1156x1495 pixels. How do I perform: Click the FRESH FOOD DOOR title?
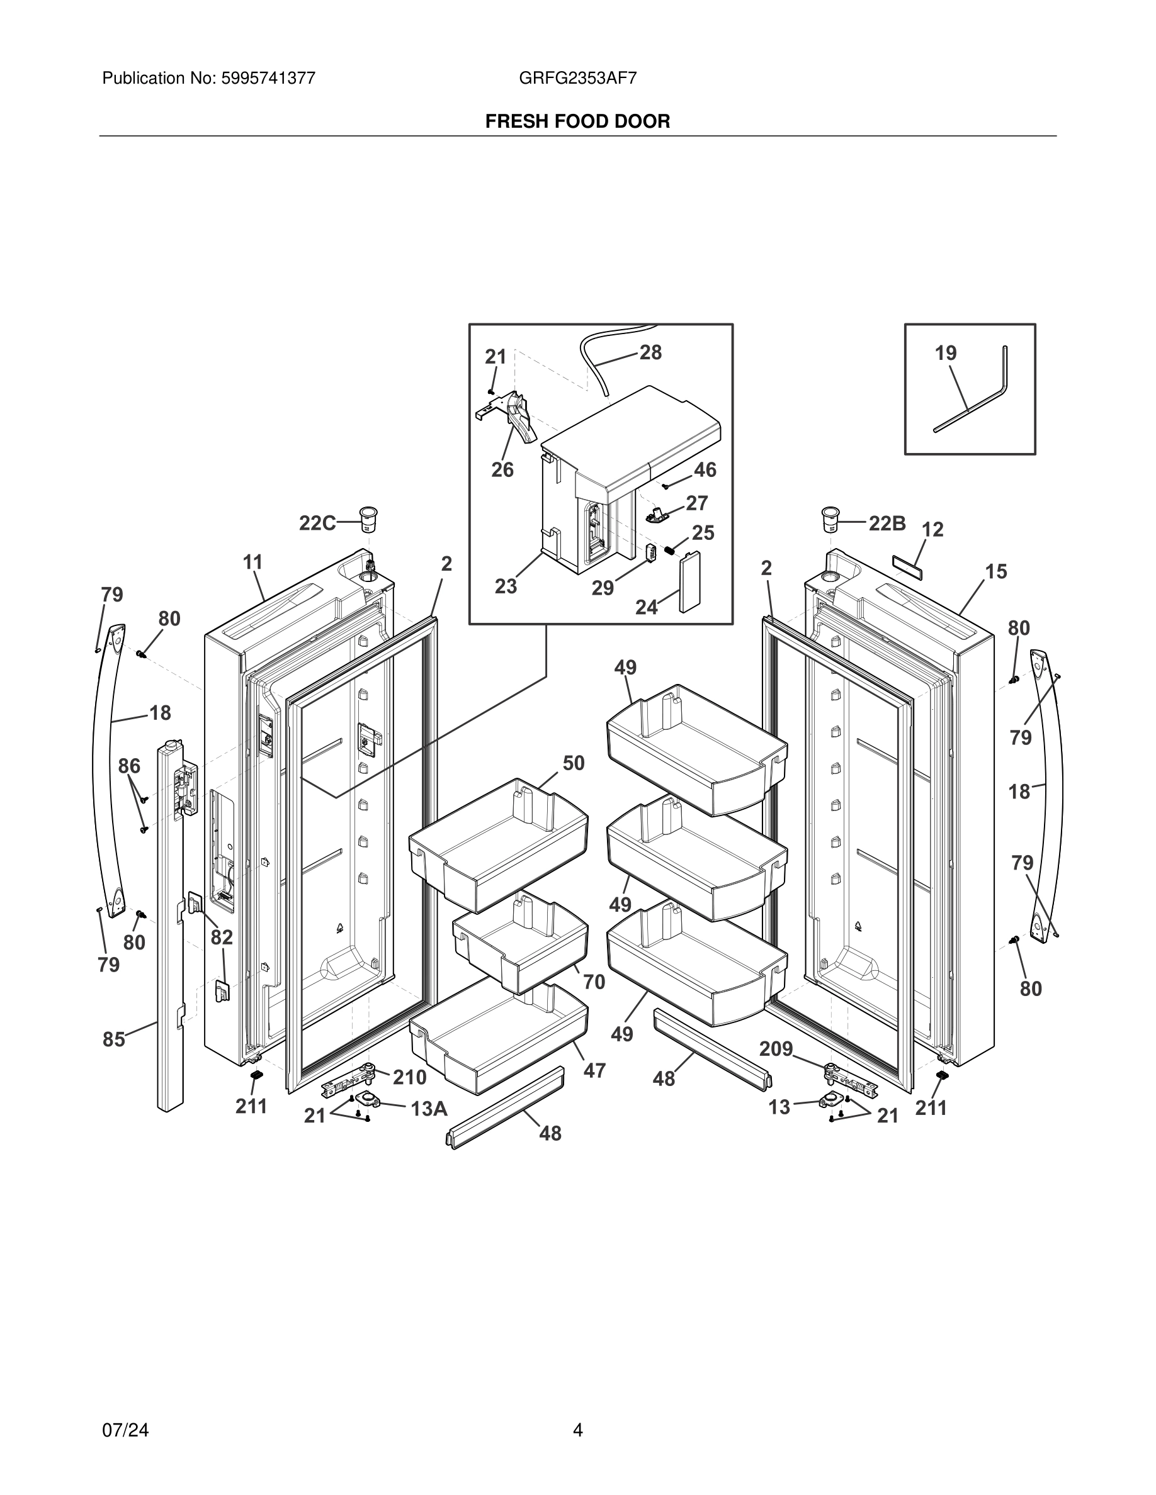(x=577, y=121)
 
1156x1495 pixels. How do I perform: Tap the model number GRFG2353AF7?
(x=577, y=78)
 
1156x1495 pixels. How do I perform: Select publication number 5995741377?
(x=268, y=78)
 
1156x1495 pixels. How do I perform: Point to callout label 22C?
(x=317, y=523)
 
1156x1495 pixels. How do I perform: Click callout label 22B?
(x=887, y=523)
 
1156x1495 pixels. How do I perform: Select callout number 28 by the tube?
(x=650, y=352)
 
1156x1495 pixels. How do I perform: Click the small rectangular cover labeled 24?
(x=689, y=582)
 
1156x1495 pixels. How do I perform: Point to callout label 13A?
(x=429, y=1108)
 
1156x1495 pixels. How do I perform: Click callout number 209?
(x=776, y=1049)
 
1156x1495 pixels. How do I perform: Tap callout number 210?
(x=409, y=1077)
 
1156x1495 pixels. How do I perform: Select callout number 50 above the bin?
(x=573, y=763)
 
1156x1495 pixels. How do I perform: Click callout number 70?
(x=594, y=982)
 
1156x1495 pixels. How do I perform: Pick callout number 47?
(x=594, y=1070)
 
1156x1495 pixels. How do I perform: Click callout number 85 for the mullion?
(x=114, y=1039)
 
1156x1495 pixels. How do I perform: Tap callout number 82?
(x=221, y=937)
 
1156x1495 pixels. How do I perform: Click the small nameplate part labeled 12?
(x=906, y=563)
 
